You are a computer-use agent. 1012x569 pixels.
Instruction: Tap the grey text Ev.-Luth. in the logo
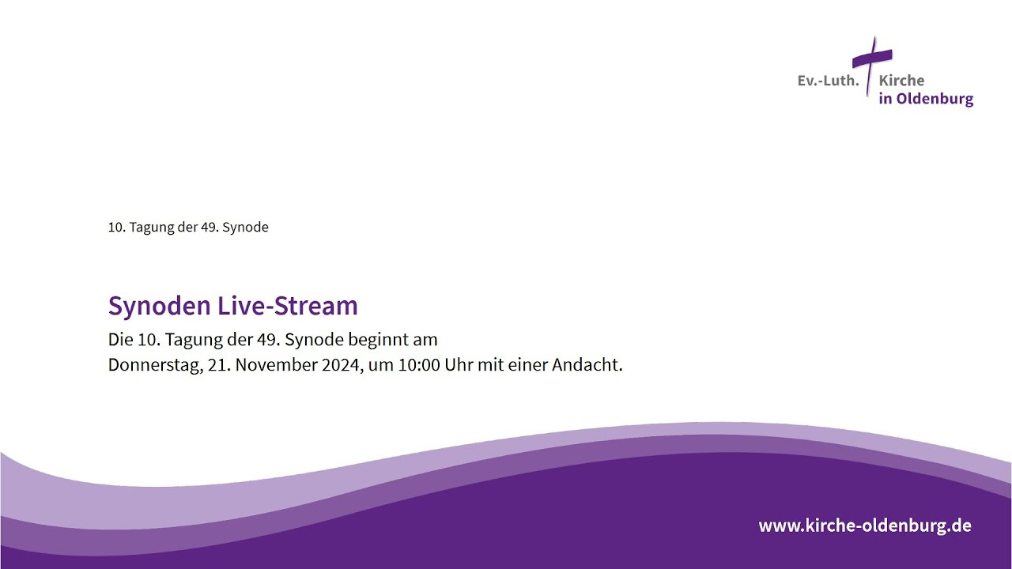click(828, 81)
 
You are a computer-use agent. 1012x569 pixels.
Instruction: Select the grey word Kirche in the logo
click(901, 81)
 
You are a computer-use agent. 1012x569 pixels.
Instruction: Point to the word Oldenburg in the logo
click(935, 99)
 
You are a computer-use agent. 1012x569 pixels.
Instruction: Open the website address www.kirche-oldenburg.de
click(865, 526)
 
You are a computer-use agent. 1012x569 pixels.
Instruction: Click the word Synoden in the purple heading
click(160, 307)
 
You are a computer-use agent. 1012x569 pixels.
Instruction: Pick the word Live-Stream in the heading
click(287, 306)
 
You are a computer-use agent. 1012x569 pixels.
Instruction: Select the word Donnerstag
click(156, 365)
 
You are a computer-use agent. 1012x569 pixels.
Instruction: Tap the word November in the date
click(276, 365)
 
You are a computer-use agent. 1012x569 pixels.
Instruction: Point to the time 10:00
click(419, 365)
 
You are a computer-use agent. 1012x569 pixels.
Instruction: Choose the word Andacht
click(587, 365)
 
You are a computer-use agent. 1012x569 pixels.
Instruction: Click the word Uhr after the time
click(459, 365)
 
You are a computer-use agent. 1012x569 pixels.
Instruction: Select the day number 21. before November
click(219, 365)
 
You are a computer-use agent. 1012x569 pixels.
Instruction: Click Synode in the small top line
click(245, 228)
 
